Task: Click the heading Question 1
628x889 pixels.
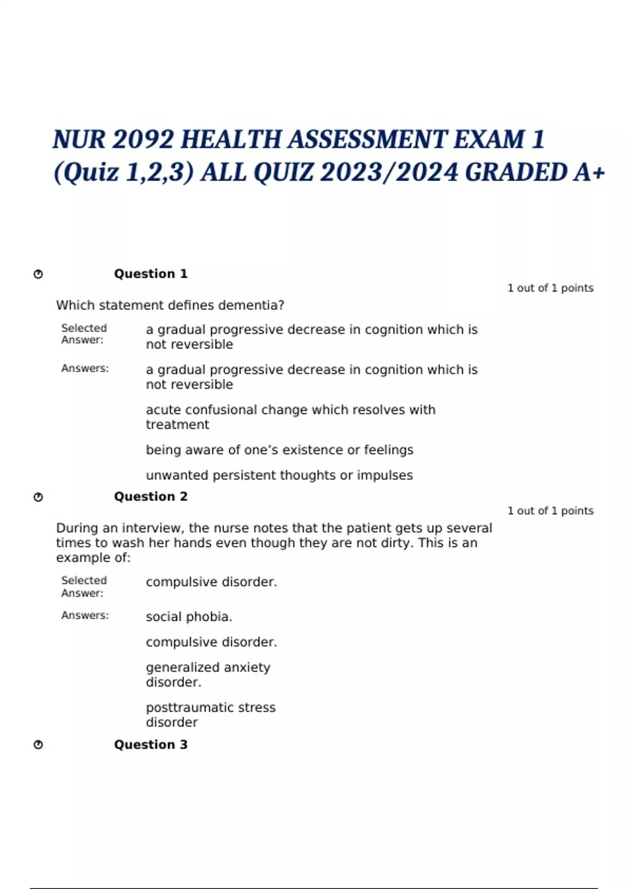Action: (151, 274)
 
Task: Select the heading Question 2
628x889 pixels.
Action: (151, 497)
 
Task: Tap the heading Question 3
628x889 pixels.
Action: (151, 745)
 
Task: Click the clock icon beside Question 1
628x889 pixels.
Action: (38, 275)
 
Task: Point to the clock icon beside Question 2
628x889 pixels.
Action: (38, 497)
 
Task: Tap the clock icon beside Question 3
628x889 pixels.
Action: (38, 745)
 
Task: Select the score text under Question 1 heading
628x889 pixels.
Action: (550, 288)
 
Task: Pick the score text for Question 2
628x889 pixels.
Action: (550, 511)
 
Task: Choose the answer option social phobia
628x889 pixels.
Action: (189, 617)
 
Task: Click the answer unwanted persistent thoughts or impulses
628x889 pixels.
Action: (279, 475)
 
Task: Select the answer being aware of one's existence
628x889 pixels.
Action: (279, 450)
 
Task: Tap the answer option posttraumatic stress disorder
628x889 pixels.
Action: (210, 715)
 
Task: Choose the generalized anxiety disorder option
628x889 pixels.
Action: (208, 675)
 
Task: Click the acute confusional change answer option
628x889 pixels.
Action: (290, 417)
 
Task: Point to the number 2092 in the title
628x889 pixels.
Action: (143, 140)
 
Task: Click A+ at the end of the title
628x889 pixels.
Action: (589, 173)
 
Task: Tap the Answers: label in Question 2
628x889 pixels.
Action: (85, 616)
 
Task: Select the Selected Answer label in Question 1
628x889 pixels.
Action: (84, 334)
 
